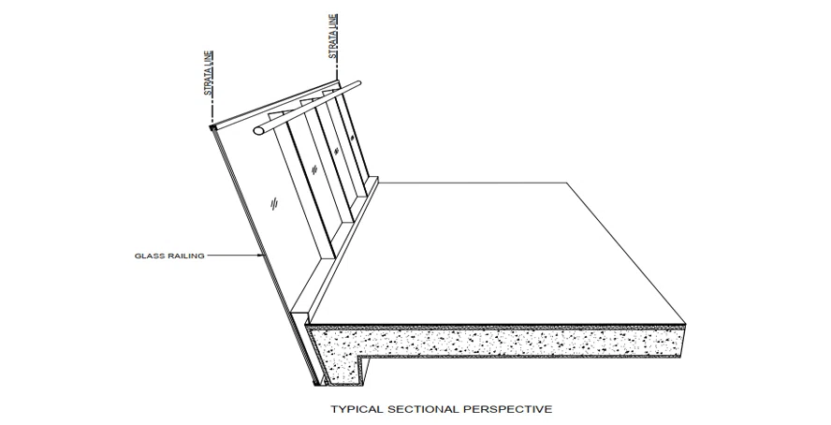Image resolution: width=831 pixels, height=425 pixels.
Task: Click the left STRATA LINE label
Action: (x=209, y=73)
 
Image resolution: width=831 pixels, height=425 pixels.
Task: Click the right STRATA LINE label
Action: (x=334, y=36)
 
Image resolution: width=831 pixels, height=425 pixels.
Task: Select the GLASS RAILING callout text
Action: (x=169, y=256)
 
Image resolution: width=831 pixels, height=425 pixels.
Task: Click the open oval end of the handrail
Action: (x=258, y=130)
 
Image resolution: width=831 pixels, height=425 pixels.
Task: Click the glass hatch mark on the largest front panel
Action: (x=274, y=203)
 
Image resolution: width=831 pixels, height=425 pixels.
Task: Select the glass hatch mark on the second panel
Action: (x=314, y=169)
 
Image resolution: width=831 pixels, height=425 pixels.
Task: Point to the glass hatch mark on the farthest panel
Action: (x=351, y=139)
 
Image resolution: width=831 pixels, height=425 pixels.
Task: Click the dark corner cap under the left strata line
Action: (x=212, y=127)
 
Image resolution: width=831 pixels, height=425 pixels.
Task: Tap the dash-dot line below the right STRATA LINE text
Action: (x=335, y=69)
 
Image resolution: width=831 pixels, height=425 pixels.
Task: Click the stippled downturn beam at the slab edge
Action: (x=344, y=370)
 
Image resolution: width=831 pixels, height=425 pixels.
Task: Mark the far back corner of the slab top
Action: (x=568, y=183)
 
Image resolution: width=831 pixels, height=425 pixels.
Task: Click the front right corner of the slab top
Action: (x=685, y=323)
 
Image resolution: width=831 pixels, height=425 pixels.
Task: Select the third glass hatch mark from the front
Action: (x=335, y=151)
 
